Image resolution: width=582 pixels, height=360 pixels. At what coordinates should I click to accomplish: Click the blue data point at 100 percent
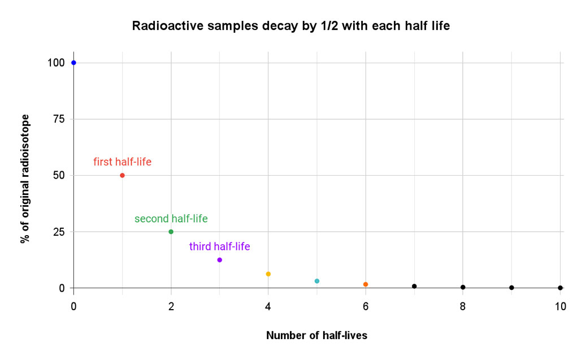point(73,63)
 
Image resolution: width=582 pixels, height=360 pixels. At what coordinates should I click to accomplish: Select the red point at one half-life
point(122,175)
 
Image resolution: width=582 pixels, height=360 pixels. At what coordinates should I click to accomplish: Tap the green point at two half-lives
point(171,232)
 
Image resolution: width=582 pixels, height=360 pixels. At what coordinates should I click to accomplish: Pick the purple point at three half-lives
point(219,260)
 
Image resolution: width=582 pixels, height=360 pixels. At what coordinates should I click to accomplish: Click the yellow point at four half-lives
point(268,274)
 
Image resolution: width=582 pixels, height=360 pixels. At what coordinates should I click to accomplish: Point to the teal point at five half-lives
point(317,281)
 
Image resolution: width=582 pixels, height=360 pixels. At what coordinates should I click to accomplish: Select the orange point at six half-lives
point(366,284)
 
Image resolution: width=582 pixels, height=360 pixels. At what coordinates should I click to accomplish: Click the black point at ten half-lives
point(560,288)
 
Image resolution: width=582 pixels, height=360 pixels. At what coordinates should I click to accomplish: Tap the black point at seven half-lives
point(414,286)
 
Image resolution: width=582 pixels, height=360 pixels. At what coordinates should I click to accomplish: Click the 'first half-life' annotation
point(122,162)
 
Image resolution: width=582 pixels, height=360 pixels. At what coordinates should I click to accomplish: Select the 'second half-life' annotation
point(171,219)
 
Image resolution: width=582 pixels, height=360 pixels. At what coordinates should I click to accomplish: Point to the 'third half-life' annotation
point(219,246)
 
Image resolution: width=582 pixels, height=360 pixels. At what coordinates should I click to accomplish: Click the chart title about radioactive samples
point(290,26)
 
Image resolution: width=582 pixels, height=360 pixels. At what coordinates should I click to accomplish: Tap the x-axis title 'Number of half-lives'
point(316,335)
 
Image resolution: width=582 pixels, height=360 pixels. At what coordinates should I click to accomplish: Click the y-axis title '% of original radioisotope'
point(24,179)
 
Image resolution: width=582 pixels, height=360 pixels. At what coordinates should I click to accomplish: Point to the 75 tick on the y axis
point(58,119)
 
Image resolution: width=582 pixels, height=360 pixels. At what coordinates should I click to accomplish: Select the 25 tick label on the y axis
point(58,232)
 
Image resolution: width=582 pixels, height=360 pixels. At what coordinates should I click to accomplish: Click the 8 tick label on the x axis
point(463,306)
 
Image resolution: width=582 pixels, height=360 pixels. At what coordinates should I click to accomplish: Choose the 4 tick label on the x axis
point(268,306)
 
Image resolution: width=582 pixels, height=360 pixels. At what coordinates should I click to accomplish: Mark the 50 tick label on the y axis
point(58,175)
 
